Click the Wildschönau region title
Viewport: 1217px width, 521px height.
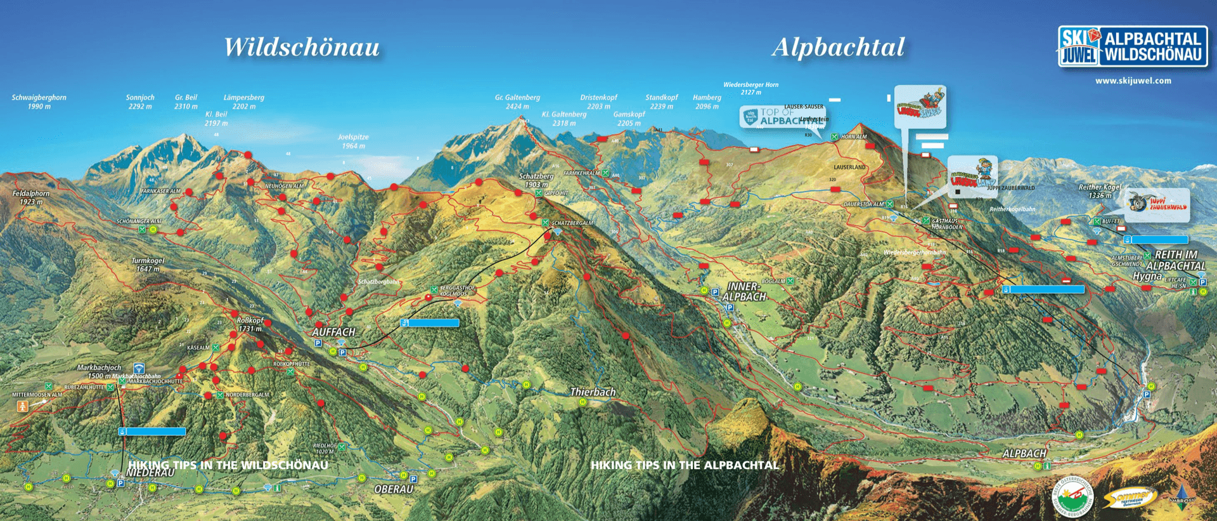click(x=302, y=47)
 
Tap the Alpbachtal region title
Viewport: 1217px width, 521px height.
click(x=838, y=47)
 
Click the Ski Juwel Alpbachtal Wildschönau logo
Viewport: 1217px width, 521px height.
click(x=1133, y=46)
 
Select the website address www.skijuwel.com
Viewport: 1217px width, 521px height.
click(x=1133, y=81)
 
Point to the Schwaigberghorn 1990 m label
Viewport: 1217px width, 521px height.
click(x=39, y=102)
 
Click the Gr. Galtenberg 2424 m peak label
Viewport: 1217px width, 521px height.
click(x=517, y=102)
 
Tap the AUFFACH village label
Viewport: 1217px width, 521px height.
click(x=333, y=332)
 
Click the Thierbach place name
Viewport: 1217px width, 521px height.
click(x=593, y=392)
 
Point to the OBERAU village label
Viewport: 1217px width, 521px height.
click(x=394, y=489)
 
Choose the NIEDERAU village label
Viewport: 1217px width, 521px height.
click(x=150, y=473)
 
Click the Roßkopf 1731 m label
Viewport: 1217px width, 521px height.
click(x=250, y=324)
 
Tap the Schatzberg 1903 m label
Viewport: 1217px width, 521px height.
click(x=536, y=180)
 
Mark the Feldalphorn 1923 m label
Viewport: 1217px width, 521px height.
click(x=30, y=197)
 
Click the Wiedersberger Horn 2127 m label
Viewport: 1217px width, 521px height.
click(x=750, y=88)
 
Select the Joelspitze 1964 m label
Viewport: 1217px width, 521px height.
click(x=353, y=141)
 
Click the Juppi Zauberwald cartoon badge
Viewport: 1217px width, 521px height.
click(x=1157, y=204)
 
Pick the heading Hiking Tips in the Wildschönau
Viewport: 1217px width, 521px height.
click(x=228, y=465)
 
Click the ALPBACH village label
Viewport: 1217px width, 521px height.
click(x=1024, y=453)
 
